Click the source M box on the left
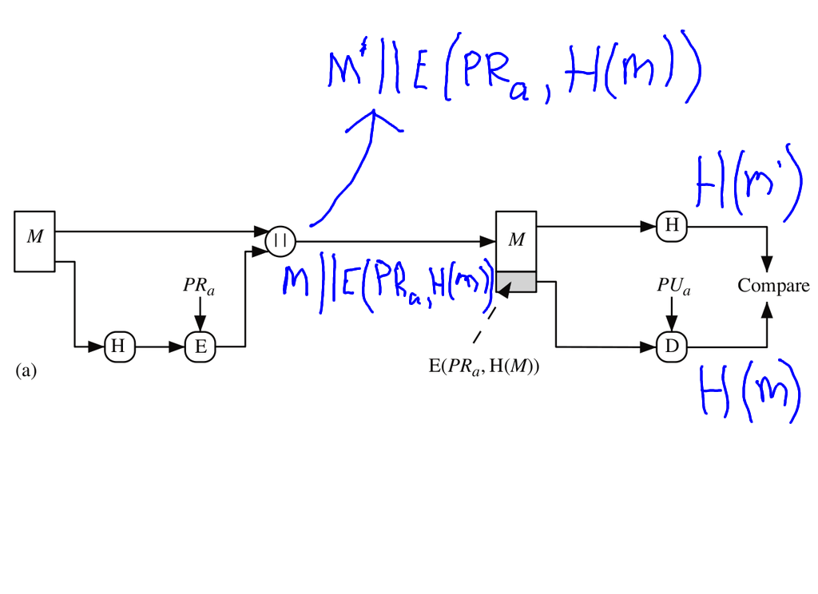tap(34, 241)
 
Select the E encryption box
tap(200, 346)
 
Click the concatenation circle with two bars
tap(280, 240)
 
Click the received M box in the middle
tap(517, 240)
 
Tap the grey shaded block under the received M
tap(517, 281)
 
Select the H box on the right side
tap(671, 226)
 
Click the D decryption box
tap(671, 346)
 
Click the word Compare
tap(773, 286)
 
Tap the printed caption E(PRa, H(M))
tap(484, 366)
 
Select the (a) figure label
tap(26, 370)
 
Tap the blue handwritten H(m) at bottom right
tap(749, 391)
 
